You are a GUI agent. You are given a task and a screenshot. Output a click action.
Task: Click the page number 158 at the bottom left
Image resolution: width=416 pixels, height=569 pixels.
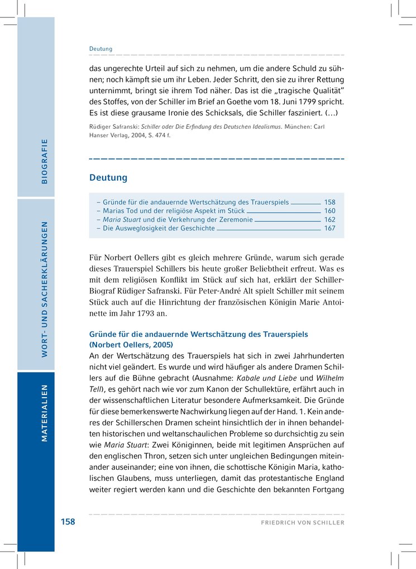pyautogui.click(x=68, y=522)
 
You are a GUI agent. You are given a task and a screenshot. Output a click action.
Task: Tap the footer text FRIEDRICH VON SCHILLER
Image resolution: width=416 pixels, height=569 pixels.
pyautogui.click(x=303, y=523)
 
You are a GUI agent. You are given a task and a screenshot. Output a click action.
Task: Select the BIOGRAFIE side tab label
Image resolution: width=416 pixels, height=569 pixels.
pyautogui.click(x=44, y=161)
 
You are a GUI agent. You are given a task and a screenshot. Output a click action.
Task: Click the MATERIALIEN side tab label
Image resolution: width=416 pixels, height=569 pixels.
pyautogui.click(x=44, y=413)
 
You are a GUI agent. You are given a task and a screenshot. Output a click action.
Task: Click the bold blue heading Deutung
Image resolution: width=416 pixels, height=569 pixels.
pyautogui.click(x=108, y=178)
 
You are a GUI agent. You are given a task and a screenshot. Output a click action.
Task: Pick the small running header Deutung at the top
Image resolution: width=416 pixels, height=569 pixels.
pyautogui.click(x=101, y=49)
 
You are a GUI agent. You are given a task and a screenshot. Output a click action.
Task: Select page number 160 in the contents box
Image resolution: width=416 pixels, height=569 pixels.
pyautogui.click(x=329, y=211)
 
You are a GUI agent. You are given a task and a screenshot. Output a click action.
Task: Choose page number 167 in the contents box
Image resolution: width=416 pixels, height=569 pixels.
pyautogui.click(x=329, y=228)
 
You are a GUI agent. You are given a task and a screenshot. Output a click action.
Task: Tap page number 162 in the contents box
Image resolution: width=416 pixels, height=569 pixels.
pyautogui.click(x=329, y=220)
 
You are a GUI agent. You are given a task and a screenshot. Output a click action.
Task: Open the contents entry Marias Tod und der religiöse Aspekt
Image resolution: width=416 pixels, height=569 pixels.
pyautogui.click(x=174, y=211)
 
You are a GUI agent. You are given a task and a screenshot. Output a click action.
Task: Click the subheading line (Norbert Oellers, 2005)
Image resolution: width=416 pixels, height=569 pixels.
pyautogui.click(x=131, y=344)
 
